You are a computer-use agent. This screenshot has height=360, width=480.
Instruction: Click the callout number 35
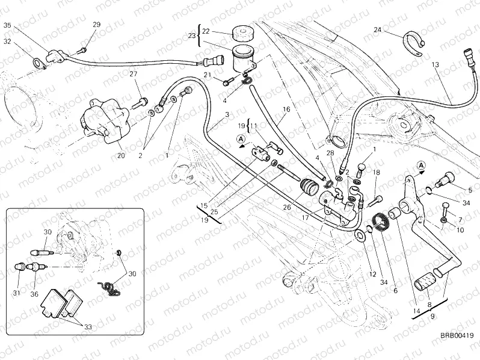[7, 25]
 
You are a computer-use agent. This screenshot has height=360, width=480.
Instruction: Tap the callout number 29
[97, 24]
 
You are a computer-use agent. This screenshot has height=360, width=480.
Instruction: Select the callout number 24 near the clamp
[377, 29]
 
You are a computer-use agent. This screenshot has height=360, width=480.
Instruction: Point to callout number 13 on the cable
[435, 64]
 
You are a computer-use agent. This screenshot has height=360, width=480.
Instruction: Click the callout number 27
[134, 74]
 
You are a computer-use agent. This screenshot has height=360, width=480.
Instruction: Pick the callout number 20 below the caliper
[120, 155]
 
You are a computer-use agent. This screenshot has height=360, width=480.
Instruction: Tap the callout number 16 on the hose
[286, 110]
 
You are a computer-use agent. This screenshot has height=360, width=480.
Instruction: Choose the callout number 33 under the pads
[87, 327]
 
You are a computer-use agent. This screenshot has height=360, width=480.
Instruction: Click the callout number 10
[460, 230]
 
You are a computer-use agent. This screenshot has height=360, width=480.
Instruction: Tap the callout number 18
[376, 173]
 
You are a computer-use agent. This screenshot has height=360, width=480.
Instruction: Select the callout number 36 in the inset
[35, 294]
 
